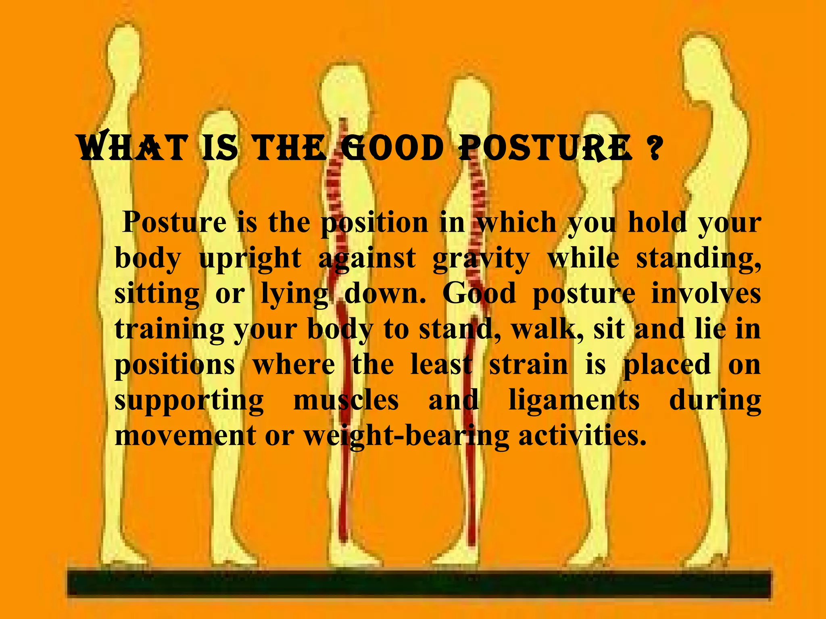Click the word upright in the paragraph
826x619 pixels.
click(x=250, y=259)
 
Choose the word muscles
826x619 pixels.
click(x=346, y=401)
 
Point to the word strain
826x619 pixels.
click(x=529, y=365)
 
